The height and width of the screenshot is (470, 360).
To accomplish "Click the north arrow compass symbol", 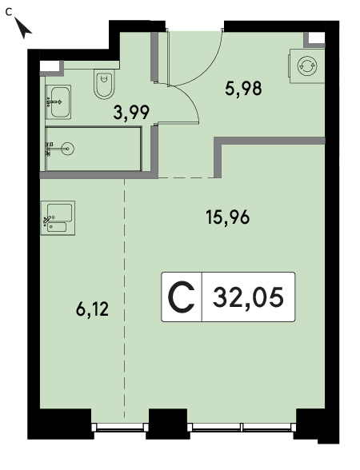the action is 22,28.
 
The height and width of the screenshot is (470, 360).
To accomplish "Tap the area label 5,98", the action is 243,89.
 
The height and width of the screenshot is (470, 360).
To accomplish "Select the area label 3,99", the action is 131,113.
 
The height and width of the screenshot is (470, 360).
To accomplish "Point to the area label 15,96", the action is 228,217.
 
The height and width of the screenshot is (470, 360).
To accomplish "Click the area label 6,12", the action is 93,309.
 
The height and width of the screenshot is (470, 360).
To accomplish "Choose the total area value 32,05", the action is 248,297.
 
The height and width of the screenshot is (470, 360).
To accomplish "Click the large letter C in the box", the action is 181,297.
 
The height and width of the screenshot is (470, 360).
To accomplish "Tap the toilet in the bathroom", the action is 104,84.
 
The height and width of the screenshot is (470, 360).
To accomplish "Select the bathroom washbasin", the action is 58,102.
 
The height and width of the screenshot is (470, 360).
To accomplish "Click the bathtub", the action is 94,149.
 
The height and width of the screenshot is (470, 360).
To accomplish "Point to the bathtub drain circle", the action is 69,149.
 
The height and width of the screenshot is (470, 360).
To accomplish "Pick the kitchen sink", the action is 58,218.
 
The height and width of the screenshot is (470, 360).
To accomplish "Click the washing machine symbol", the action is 307,66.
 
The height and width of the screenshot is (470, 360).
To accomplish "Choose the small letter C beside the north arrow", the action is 9,12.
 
